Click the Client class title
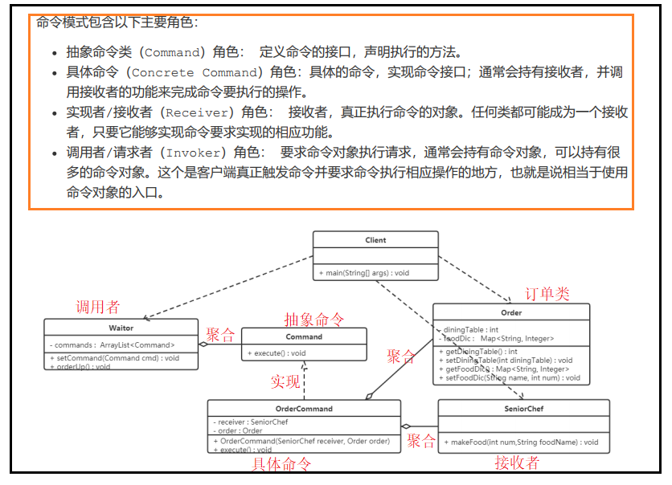pyautogui.click(x=375, y=240)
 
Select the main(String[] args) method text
pyautogui.click(x=367, y=273)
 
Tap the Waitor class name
pyautogui.click(x=121, y=328)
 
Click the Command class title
pyautogui.click(x=304, y=336)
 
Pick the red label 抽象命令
pyautogui.click(x=313, y=319)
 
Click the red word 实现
pyautogui.click(x=285, y=381)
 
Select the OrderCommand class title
pyautogui.click(x=303, y=408)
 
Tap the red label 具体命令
pyautogui.click(x=281, y=464)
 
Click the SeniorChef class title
pyautogui.click(x=524, y=409)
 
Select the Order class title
pyautogui.click(x=511, y=312)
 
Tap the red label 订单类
pyautogui.click(x=547, y=294)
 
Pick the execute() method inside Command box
pyautogui.click(x=277, y=353)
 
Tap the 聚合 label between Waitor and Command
pyautogui.click(x=220, y=334)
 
